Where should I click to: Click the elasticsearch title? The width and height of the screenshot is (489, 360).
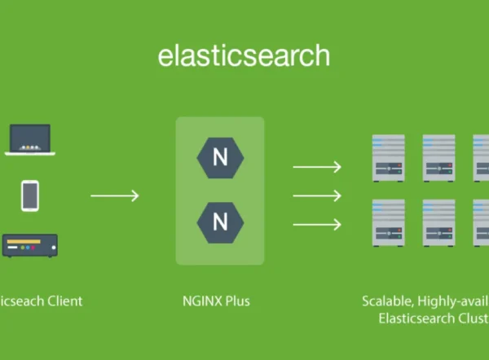point(244,55)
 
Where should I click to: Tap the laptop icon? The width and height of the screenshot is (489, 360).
point(29,140)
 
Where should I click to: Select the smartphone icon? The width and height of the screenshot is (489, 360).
point(30,195)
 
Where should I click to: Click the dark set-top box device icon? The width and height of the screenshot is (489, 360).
point(30,244)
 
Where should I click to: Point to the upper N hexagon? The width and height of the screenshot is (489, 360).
point(220,157)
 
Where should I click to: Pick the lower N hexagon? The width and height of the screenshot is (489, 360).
point(220,222)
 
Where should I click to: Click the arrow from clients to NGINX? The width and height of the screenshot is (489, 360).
point(114,195)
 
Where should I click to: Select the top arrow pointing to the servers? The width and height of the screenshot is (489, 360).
point(316,167)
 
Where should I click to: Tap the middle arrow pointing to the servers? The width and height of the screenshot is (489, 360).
point(316,195)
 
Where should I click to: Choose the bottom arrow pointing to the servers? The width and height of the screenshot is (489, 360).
point(316,224)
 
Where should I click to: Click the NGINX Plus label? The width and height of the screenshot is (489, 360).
point(216,301)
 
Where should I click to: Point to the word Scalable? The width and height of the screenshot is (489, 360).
point(385,301)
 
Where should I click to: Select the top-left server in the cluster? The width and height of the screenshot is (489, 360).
point(389,157)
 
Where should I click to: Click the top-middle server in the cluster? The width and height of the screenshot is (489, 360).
point(438,157)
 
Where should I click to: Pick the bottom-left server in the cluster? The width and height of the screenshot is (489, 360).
point(389,222)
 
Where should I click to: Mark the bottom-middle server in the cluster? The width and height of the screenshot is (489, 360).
point(438,222)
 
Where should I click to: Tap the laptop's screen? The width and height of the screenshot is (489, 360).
point(29,136)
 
